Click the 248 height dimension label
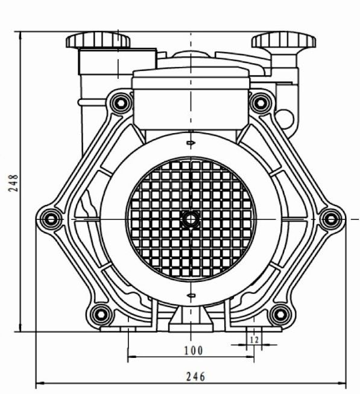[13, 183]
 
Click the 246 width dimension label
[195, 377]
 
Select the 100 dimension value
[194, 351]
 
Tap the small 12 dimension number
[254, 340]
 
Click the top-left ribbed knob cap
[98, 40]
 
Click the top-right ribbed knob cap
[284, 40]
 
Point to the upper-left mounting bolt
[121, 103]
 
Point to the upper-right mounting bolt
[261, 103]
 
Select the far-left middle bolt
[51, 219]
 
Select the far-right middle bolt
[331, 219]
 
